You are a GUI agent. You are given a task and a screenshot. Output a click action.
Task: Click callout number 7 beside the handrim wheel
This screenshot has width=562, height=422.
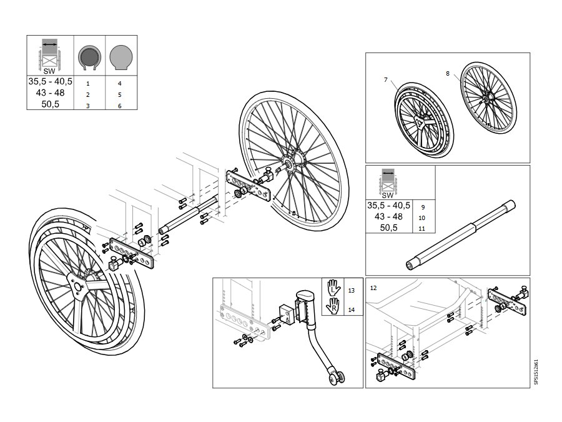(386, 79)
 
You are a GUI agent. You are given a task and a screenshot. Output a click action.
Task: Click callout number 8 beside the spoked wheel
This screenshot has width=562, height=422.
(448, 74)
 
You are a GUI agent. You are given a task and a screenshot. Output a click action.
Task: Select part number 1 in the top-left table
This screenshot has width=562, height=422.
(88, 84)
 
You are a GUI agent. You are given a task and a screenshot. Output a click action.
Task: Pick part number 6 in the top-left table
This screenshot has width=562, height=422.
(120, 106)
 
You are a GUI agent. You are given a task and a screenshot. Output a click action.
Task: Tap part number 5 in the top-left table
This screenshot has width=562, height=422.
(120, 95)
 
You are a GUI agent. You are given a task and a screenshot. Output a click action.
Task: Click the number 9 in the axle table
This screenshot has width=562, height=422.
(423, 207)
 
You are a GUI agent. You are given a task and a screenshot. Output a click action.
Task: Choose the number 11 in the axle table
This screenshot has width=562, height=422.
(422, 229)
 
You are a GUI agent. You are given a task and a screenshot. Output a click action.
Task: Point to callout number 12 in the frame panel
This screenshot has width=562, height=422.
(373, 288)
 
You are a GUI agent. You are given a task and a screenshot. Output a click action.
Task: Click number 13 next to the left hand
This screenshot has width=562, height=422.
(351, 290)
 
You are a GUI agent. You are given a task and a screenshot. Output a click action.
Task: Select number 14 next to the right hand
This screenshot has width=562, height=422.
(351, 309)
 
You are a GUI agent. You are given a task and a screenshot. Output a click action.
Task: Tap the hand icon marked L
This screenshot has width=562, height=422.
(333, 288)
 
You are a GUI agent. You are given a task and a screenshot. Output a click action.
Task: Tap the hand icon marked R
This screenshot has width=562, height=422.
(333, 306)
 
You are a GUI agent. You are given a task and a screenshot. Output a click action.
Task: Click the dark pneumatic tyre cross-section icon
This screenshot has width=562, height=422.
(89, 58)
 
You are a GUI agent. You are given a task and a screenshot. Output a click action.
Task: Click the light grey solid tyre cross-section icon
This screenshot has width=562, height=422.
(121, 58)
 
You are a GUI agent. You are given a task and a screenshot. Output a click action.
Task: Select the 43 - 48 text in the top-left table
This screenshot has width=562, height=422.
(50, 93)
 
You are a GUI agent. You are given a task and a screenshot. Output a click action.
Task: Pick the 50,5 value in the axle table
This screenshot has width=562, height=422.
(388, 228)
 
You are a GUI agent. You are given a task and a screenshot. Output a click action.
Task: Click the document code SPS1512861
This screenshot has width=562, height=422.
(536, 372)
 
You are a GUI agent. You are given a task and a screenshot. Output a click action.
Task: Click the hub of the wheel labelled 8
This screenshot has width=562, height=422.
(486, 99)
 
